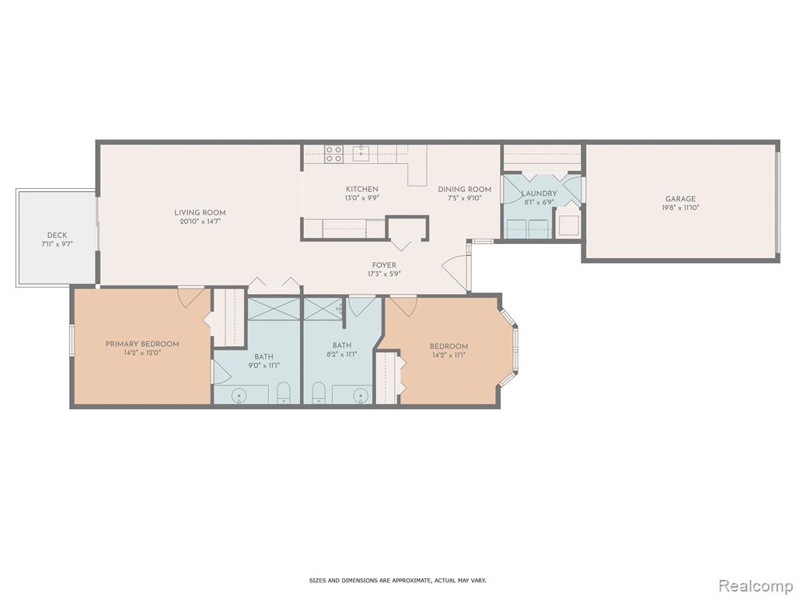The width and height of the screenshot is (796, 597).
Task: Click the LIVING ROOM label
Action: coord(200,213)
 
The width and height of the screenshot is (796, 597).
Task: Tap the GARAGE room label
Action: coord(680,199)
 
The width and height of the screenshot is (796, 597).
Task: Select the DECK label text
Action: coord(57,236)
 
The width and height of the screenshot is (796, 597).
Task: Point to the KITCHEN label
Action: coord(362,190)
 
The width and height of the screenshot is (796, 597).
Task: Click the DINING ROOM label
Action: coord(465,190)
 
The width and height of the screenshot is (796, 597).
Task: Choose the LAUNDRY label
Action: coord(539,194)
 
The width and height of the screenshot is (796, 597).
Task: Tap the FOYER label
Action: coord(384,265)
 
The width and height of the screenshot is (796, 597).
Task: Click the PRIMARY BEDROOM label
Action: coord(142,344)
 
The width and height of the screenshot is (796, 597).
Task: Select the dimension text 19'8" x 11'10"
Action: coord(680,208)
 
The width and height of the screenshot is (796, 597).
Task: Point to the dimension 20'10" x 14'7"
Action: coord(200,222)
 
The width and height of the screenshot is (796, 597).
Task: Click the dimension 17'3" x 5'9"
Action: coord(384,274)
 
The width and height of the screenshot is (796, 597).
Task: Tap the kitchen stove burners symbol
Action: coord(333,154)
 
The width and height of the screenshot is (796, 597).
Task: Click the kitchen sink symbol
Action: coord(361,153)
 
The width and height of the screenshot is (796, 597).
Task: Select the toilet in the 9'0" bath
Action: coord(283,394)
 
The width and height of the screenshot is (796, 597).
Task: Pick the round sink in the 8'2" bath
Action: coord(361,394)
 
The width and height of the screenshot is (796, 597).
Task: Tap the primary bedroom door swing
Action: coord(191,298)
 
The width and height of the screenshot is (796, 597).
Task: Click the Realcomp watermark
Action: coord(755,585)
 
